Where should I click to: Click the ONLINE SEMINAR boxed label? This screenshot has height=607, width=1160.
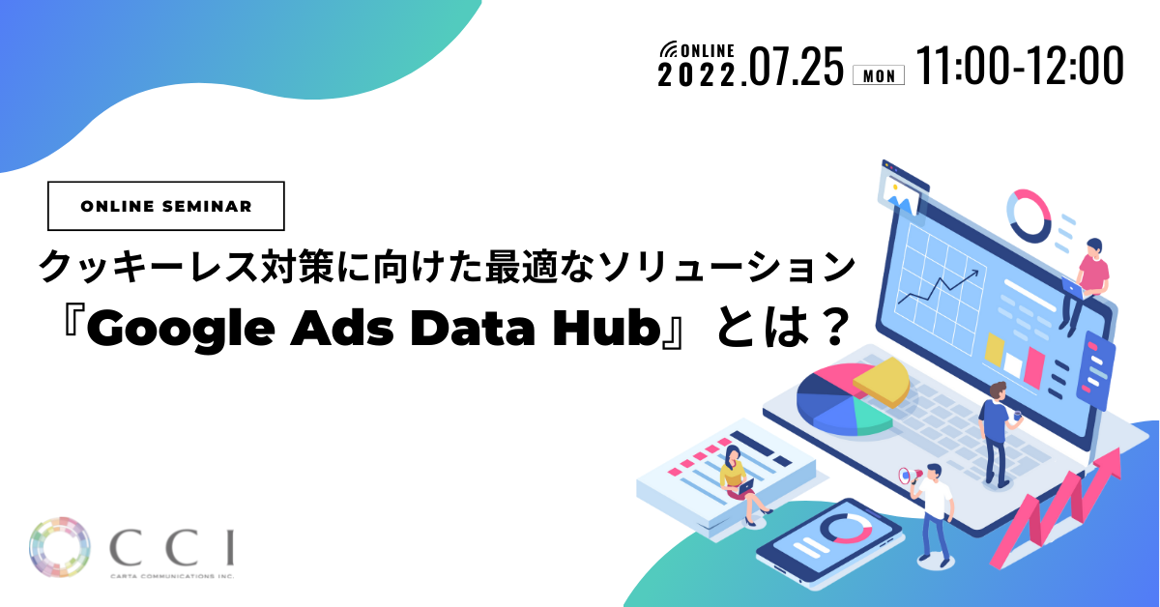pyautogui.click(x=166, y=206)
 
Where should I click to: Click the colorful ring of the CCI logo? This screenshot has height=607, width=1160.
pyautogui.click(x=61, y=548)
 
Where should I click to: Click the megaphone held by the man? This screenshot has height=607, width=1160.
pyautogui.click(x=906, y=476)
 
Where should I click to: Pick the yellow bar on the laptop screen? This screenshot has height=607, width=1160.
pyautogui.click(x=994, y=349)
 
